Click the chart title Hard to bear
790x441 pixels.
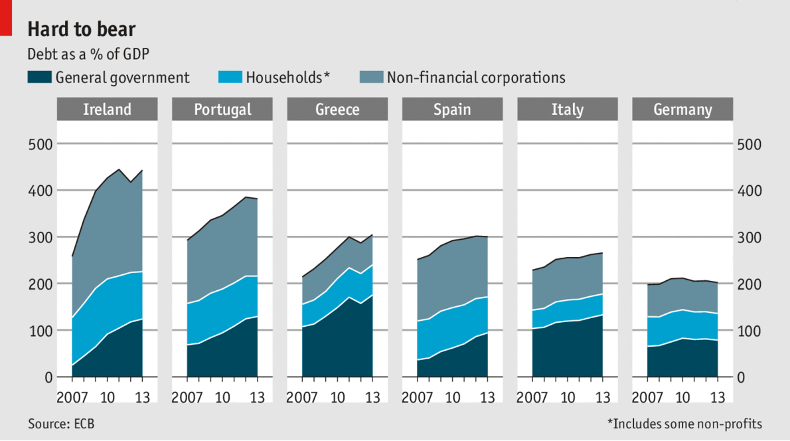point(81,29)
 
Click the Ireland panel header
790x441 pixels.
point(107,110)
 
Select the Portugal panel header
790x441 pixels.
point(222,110)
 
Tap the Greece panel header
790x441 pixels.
point(337,110)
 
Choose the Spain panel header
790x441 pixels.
point(452,110)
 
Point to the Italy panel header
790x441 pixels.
point(568,110)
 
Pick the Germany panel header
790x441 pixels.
point(682,110)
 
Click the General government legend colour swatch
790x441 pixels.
point(39,78)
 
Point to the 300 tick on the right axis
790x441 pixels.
point(750,238)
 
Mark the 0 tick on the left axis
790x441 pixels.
point(48,377)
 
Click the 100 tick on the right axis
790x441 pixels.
point(750,331)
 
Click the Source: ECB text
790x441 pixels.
point(61,424)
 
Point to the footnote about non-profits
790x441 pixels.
point(684,424)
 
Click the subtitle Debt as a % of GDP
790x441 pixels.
point(88,54)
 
